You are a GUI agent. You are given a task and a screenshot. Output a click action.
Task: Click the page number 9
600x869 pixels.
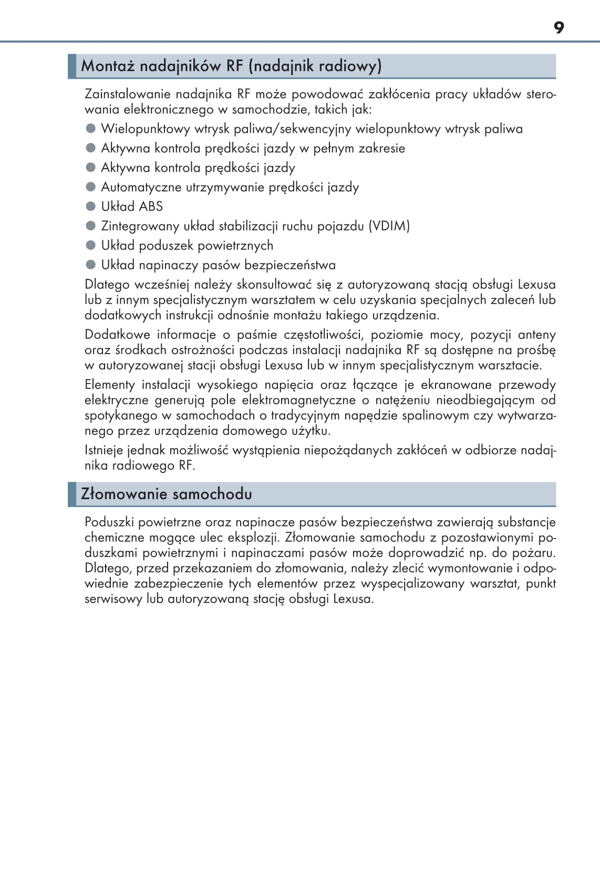click(x=558, y=27)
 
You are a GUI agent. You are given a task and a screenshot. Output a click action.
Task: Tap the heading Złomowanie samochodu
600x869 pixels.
click(x=166, y=494)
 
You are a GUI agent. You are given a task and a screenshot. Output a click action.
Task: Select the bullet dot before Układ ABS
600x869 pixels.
click(x=91, y=206)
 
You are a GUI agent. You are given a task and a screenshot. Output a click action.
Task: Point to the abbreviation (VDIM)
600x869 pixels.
click(x=389, y=226)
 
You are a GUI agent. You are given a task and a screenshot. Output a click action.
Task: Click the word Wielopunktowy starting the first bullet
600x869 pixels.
click(x=138, y=129)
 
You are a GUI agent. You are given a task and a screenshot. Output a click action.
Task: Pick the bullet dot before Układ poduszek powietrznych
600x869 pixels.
click(x=91, y=245)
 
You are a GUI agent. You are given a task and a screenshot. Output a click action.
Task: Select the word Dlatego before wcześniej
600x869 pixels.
click(x=107, y=285)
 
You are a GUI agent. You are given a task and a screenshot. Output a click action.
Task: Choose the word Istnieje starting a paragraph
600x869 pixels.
click(x=104, y=450)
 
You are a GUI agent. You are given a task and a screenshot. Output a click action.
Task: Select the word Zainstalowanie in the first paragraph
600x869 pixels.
click(x=128, y=95)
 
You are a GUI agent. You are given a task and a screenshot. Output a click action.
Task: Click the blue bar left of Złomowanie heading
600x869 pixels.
click(x=72, y=494)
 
